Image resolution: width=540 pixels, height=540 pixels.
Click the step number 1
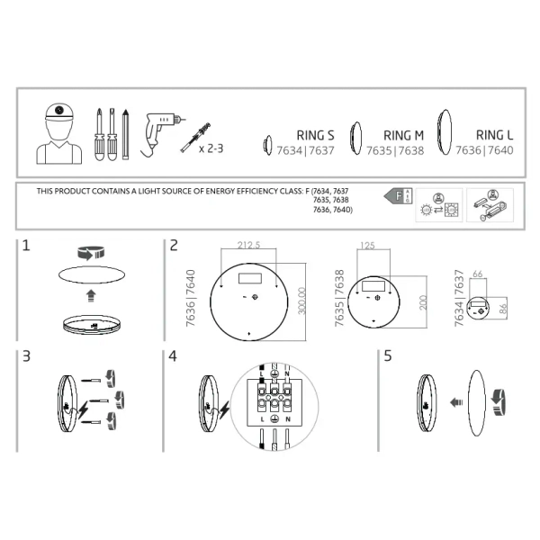tap(27, 246)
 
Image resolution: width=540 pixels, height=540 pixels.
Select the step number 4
tap(173, 356)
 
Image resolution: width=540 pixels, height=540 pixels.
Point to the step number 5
tap(388, 356)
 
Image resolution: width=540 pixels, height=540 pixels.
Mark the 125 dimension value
tap(366, 245)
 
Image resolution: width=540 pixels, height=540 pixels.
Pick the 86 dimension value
tap(504, 309)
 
